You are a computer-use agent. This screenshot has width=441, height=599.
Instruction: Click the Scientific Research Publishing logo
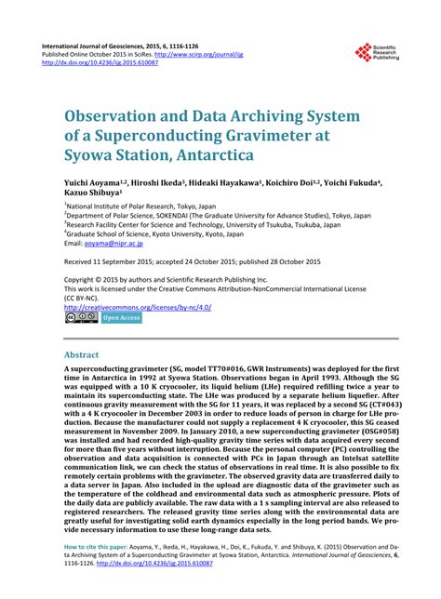point(363,53)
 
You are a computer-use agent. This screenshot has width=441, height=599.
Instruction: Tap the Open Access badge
point(121,317)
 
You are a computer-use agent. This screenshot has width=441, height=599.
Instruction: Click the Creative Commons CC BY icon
point(80,317)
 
